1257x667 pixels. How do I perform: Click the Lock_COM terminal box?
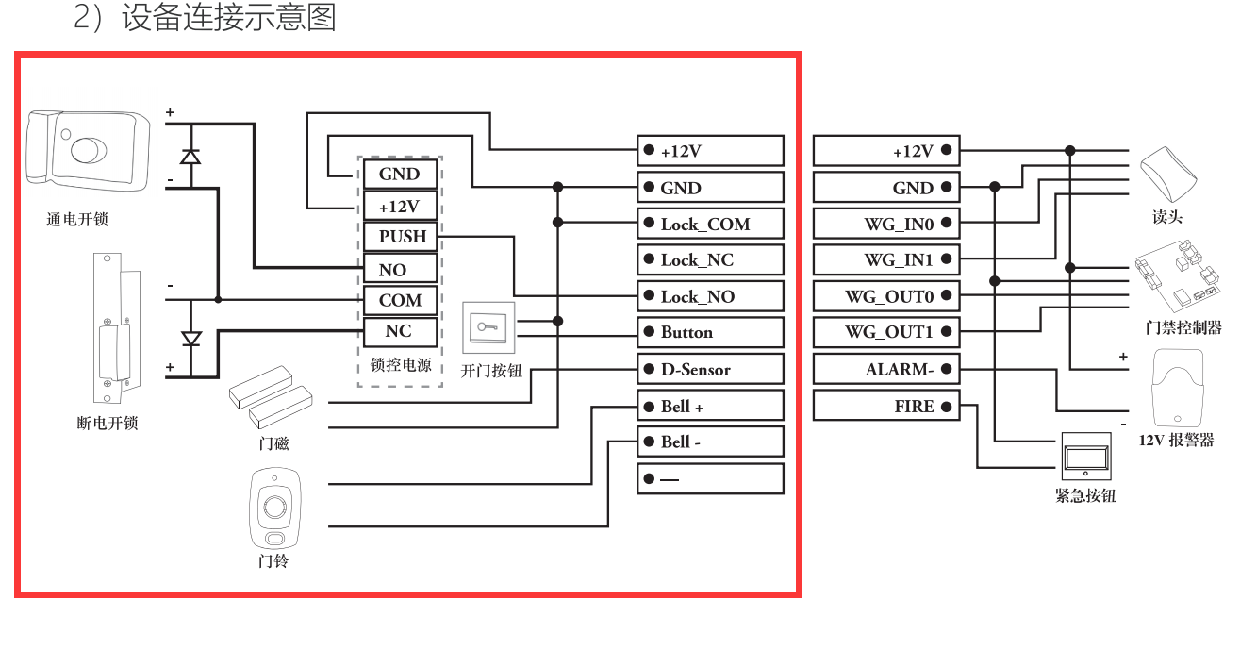click(710, 224)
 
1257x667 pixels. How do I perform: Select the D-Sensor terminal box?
click(710, 369)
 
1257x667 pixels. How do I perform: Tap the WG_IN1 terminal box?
click(885, 259)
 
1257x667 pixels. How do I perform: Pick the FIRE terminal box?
click(885, 407)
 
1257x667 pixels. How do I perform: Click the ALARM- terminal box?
click(885, 369)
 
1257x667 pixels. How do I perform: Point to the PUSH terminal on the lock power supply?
click(402, 237)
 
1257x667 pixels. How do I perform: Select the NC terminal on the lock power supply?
click(400, 331)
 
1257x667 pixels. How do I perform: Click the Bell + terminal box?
click(710, 406)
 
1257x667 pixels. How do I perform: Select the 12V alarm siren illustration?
click(1177, 388)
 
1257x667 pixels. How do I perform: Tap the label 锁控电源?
click(401, 365)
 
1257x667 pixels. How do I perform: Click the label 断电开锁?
click(108, 423)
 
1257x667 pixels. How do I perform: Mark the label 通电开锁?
click(77, 219)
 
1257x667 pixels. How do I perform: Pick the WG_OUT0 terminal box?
click(885, 296)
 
